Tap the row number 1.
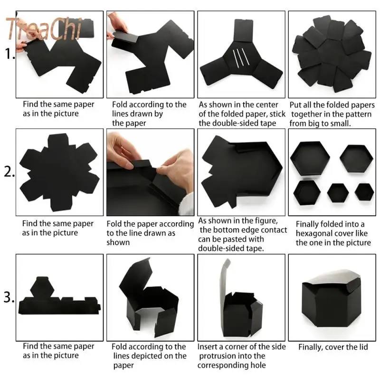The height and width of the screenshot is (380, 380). (9, 55)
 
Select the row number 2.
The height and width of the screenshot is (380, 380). (9, 172)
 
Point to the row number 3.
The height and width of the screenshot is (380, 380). (9, 298)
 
